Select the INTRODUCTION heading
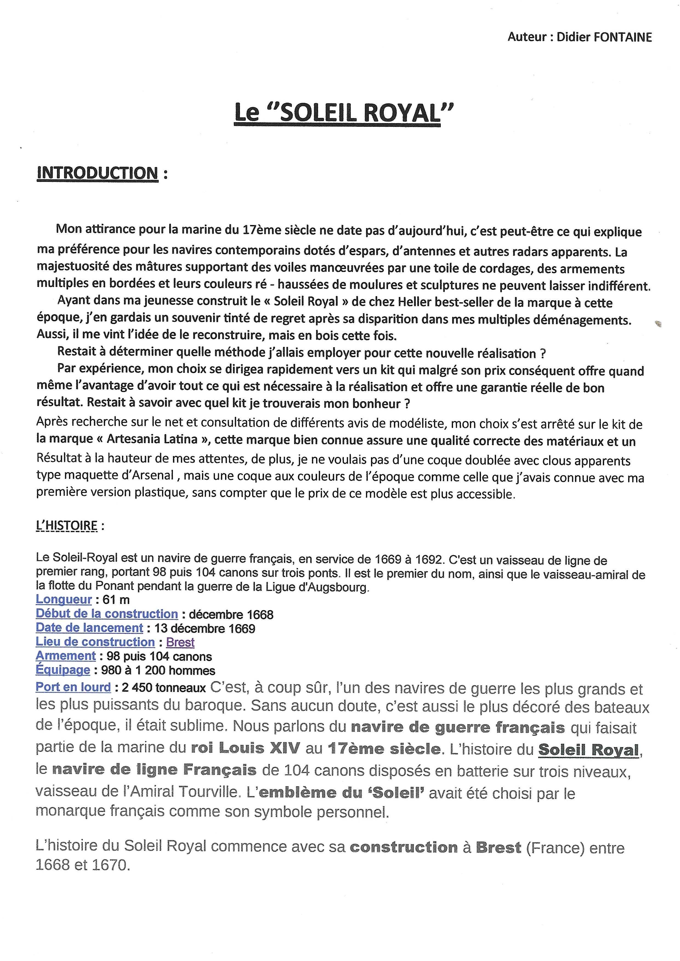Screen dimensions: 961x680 click(98, 173)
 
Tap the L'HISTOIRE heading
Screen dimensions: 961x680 click(67, 525)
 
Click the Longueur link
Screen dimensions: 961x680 click(64, 600)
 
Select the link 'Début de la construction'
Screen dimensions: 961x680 click(107, 614)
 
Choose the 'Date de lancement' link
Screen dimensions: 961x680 click(89, 628)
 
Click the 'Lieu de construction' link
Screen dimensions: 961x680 click(95, 642)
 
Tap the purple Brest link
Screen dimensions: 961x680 click(180, 642)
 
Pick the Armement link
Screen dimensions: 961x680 click(66, 656)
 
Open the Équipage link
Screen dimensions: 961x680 click(63, 670)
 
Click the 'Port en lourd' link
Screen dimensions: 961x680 click(73, 687)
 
